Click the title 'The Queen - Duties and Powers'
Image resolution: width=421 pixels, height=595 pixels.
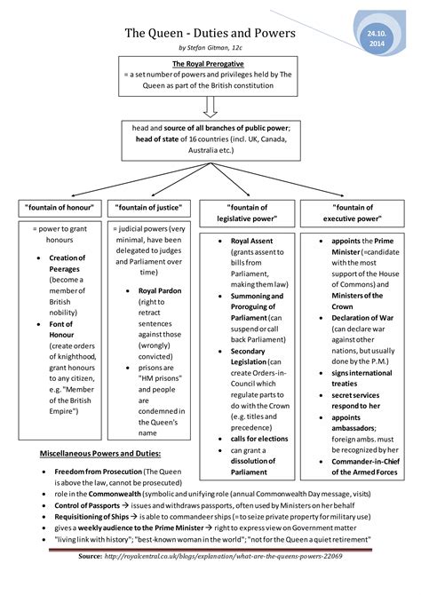tap(210, 34)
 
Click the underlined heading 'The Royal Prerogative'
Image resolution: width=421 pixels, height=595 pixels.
tap(210, 64)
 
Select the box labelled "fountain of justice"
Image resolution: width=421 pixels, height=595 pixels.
tap(151, 207)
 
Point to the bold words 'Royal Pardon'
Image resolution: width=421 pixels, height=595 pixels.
tap(160, 290)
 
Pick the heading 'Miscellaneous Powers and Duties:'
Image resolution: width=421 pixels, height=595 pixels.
tap(99, 454)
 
